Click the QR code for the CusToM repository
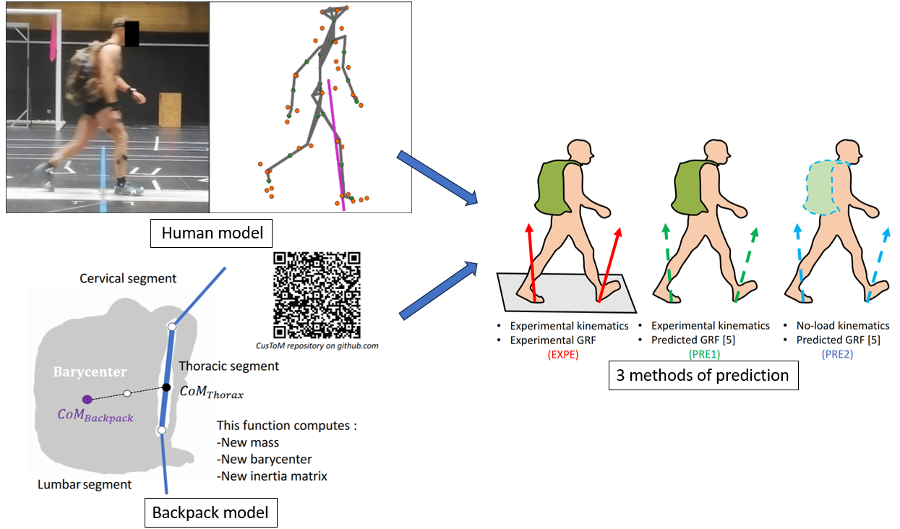[317, 295]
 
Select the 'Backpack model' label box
[210, 513]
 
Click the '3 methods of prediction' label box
[703, 375]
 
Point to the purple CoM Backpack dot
[87, 399]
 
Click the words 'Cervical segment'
[128, 278]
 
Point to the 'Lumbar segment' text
[85, 484]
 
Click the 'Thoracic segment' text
[228, 366]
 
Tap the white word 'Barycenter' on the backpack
[90, 372]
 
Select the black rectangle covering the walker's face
[131, 34]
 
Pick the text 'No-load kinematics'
[843, 326]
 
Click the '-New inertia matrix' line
[272, 476]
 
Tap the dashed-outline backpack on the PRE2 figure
[822, 187]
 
